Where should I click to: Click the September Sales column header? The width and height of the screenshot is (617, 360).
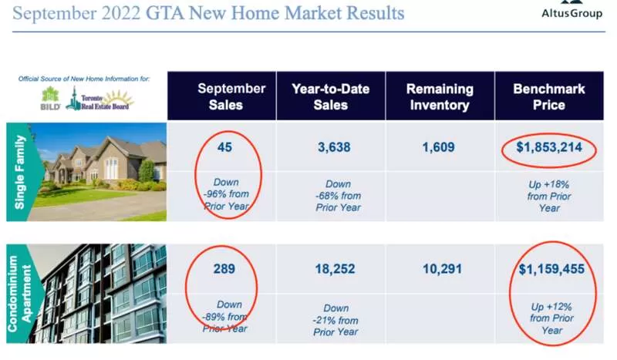coord(231,96)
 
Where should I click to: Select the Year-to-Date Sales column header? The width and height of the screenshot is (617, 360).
coord(331,96)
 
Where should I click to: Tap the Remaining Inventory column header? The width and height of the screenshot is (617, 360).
coord(440,97)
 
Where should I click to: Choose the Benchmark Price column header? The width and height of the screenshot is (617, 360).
coord(549,96)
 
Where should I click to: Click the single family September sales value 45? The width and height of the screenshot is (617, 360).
coord(224,147)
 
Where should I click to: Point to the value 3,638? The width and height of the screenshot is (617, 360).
coord(334,147)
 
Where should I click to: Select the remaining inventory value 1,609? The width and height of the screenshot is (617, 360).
coord(438,147)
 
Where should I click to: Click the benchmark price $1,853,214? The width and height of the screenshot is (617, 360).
coord(549,147)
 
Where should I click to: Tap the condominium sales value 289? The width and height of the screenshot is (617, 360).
coord(224,269)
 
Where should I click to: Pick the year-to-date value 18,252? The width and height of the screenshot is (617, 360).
coord(335,269)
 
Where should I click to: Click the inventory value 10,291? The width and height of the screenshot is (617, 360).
coord(442,269)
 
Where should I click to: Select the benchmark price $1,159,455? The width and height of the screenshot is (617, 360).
coord(551,269)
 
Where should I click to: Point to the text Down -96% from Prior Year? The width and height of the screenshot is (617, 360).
coord(226,194)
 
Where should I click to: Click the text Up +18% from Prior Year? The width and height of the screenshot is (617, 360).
coord(549,196)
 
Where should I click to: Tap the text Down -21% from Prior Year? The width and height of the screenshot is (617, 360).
coord(335,320)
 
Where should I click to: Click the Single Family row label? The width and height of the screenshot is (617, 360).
coord(20,172)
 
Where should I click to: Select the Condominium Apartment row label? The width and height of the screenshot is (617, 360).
coord(19,294)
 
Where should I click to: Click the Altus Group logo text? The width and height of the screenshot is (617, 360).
coord(571,13)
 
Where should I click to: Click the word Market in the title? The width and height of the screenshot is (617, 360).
coord(313,12)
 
